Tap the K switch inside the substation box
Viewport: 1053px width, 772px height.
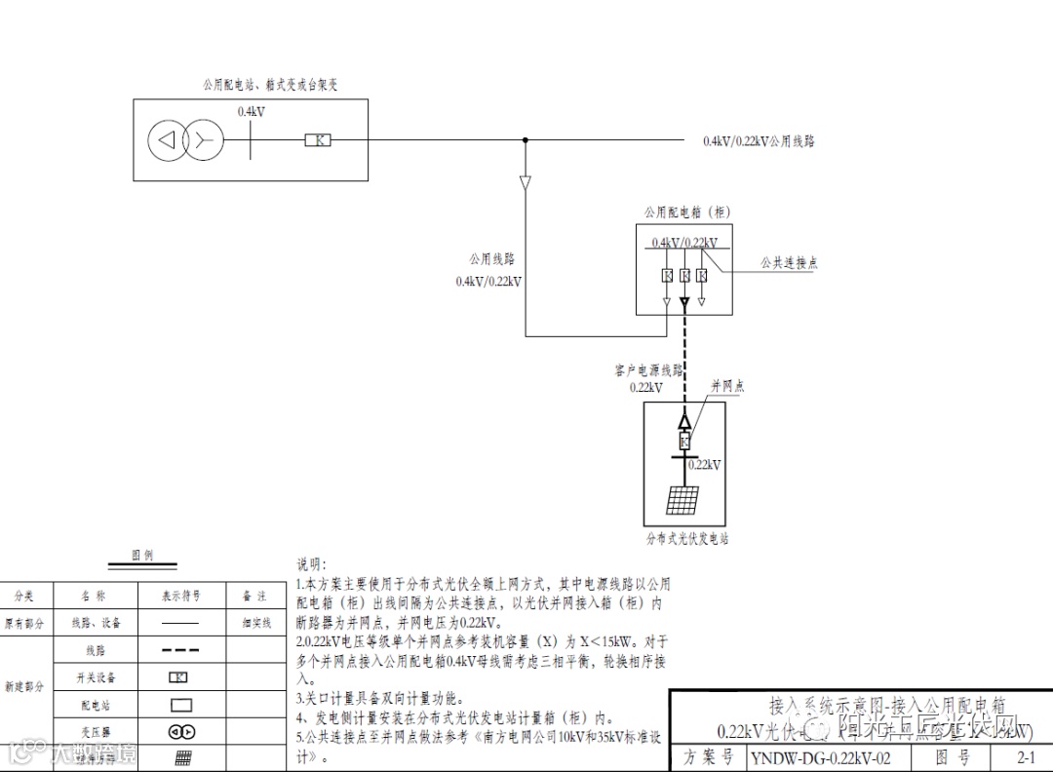tap(318, 140)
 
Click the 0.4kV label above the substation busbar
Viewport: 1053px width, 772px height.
tap(252, 112)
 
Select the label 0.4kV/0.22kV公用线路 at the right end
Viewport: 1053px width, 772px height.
tap(759, 141)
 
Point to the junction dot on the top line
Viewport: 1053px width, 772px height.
tap(526, 140)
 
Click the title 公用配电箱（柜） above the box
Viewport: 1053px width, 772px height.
tap(687, 212)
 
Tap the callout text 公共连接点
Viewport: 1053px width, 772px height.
tap(790, 263)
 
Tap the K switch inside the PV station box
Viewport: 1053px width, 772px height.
tap(684, 441)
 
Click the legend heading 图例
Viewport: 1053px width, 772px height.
tap(142, 555)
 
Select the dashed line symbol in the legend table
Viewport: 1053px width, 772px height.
tap(180, 649)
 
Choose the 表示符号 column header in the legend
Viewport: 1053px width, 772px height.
tap(181, 596)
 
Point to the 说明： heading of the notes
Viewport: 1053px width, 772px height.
tap(313, 564)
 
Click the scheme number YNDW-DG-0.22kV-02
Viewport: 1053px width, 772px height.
tap(820, 757)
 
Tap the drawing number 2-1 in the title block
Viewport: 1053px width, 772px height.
tap(1026, 757)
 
